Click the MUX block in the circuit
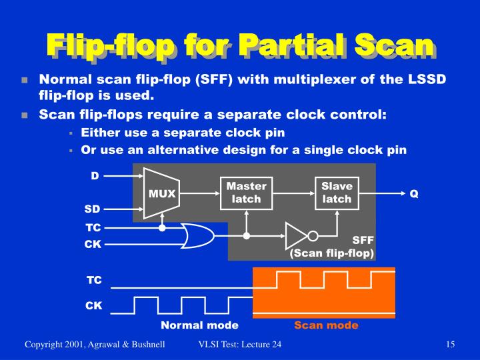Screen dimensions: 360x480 pyautogui.click(x=161, y=193)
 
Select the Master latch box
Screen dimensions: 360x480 pyautogui.click(x=246, y=193)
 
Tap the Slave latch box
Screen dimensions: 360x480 pyautogui.click(x=336, y=193)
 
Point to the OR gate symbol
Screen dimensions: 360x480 pyautogui.click(x=199, y=236)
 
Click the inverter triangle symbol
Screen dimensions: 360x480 pyautogui.click(x=295, y=236)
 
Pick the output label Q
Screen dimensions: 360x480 pyautogui.click(x=413, y=193)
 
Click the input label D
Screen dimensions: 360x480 pyautogui.click(x=95, y=176)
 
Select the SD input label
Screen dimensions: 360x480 pyautogui.click(x=92, y=209)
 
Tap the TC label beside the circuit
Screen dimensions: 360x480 pyautogui.click(x=93, y=227)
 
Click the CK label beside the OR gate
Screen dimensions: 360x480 pyautogui.click(x=93, y=244)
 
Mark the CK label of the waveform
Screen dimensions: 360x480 pyautogui.click(x=93, y=306)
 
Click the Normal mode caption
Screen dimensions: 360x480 pyautogui.click(x=199, y=325)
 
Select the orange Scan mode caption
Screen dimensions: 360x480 pyautogui.click(x=326, y=325)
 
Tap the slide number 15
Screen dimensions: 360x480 pyautogui.click(x=450, y=344)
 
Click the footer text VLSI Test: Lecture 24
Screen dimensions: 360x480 pyautogui.click(x=240, y=344)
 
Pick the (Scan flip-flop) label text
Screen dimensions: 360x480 pyautogui.click(x=331, y=253)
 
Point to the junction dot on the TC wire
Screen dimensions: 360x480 pyautogui.click(x=162, y=227)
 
